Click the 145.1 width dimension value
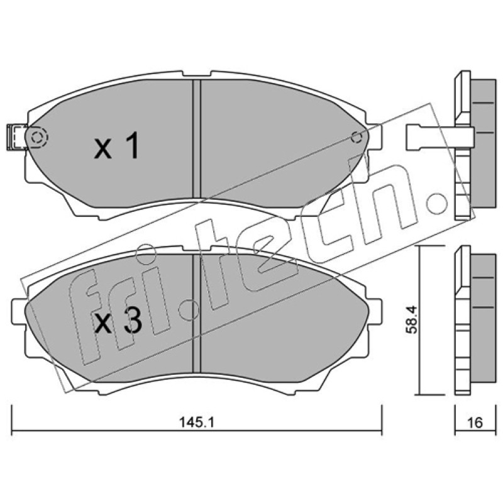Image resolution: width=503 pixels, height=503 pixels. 196,422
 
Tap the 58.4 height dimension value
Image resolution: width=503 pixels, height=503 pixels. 411,319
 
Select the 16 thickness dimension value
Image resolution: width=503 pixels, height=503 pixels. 475,423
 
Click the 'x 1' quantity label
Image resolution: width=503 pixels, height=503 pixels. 117,146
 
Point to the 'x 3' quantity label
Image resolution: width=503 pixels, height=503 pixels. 118,322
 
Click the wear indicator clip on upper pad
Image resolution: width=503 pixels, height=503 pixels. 16,137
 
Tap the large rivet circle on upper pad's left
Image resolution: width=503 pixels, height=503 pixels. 38,138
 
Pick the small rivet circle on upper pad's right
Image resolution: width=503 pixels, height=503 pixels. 356,137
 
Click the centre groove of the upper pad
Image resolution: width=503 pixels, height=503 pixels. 196,138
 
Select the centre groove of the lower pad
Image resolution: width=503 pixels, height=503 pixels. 196,314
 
